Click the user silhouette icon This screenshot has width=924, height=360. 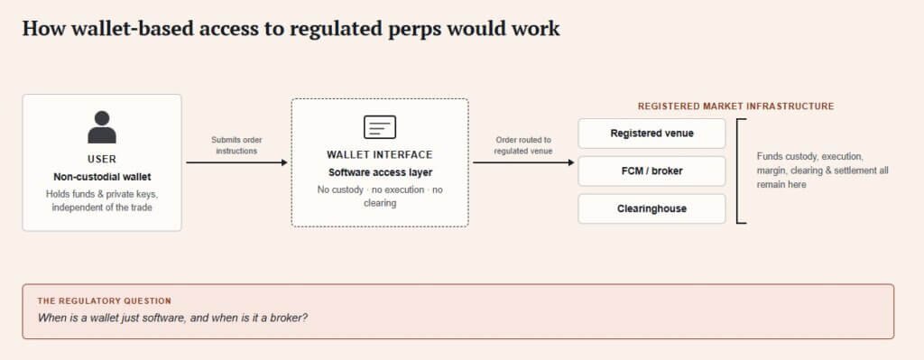click(102, 126)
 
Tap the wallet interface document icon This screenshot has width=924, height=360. click(380, 127)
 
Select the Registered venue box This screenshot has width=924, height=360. click(651, 134)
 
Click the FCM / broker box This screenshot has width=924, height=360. click(651, 171)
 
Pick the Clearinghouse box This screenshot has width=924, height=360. click(651, 208)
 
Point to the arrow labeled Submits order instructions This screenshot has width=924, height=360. click(237, 162)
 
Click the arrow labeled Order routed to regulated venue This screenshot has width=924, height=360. click(523, 162)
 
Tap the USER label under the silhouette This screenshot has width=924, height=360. click(102, 159)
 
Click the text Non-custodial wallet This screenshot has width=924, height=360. click(102, 177)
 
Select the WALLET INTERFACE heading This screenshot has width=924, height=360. click(380, 155)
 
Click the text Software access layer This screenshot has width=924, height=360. click(380, 172)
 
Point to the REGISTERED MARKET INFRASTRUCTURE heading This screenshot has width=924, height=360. click(736, 106)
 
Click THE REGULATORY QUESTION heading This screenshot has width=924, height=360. click(105, 301)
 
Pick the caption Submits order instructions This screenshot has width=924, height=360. click(237, 145)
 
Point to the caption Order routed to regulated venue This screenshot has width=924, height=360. click(523, 145)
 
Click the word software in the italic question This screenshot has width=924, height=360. click(160, 318)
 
